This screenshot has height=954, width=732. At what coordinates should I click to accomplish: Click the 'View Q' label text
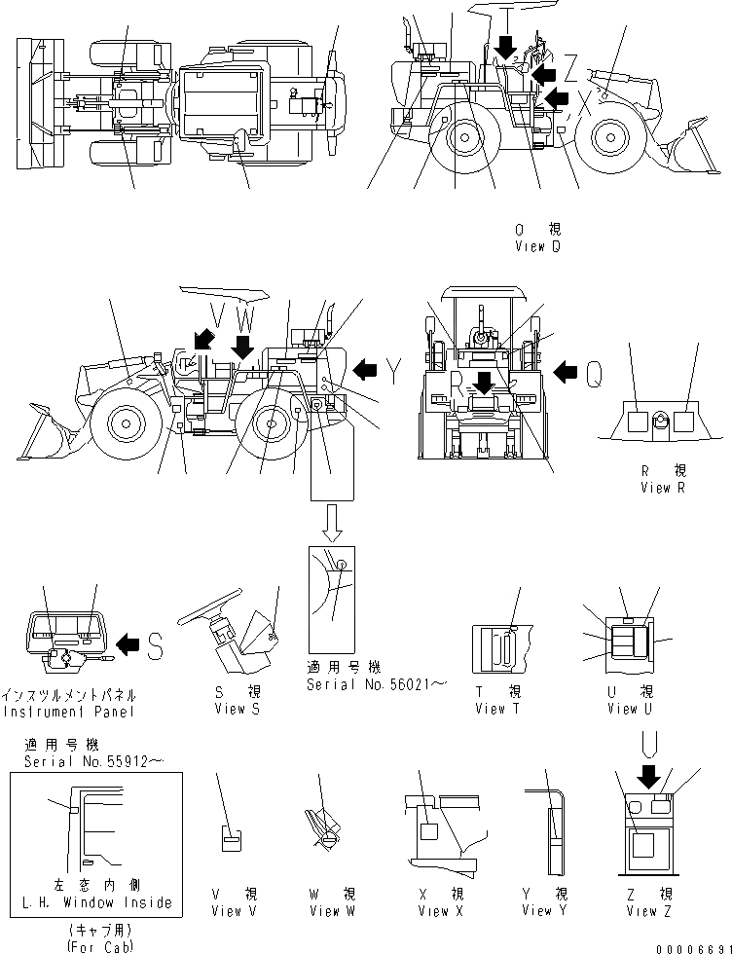point(537,247)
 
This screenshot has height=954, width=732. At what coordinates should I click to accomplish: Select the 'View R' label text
point(662,487)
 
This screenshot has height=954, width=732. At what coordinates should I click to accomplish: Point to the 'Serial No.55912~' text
point(93,758)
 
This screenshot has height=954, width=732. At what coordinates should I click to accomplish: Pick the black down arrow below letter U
point(647,776)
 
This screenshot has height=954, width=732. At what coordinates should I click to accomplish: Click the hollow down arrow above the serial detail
point(332,525)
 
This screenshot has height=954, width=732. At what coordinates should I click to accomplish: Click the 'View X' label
point(433,911)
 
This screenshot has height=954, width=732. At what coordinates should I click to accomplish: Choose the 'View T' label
point(496,709)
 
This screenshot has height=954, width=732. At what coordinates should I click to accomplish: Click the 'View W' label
point(324,911)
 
